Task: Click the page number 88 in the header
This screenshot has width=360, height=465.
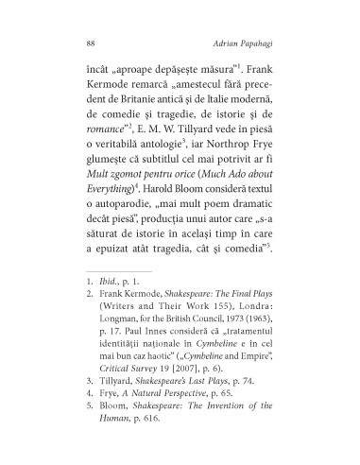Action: pyautogui.click(x=90, y=43)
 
